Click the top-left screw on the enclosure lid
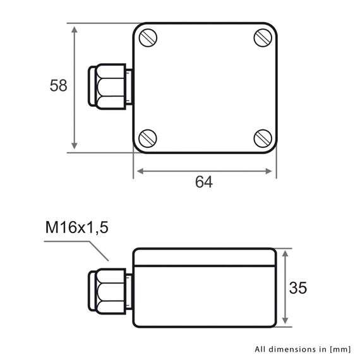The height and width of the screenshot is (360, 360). pyautogui.click(x=147, y=38)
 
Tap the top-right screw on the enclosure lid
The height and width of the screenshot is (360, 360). pyautogui.click(x=263, y=38)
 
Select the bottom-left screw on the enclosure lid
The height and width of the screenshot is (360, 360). pyautogui.click(x=147, y=137)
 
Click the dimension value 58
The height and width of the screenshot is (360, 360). pyautogui.click(x=59, y=86)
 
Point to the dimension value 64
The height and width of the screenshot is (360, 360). pyautogui.click(x=203, y=183)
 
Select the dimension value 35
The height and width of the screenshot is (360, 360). pyautogui.click(x=297, y=288)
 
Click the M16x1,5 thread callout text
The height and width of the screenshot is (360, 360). pyautogui.click(x=77, y=227)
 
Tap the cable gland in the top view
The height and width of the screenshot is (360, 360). pyautogui.click(x=109, y=87)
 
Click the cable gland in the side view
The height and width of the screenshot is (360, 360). pyautogui.click(x=109, y=289)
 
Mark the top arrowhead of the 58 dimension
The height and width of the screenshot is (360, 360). pyautogui.click(x=75, y=30)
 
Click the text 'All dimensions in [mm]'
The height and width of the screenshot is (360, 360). pyautogui.click(x=302, y=348)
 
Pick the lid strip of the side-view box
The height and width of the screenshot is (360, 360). pyautogui.click(x=204, y=256)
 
